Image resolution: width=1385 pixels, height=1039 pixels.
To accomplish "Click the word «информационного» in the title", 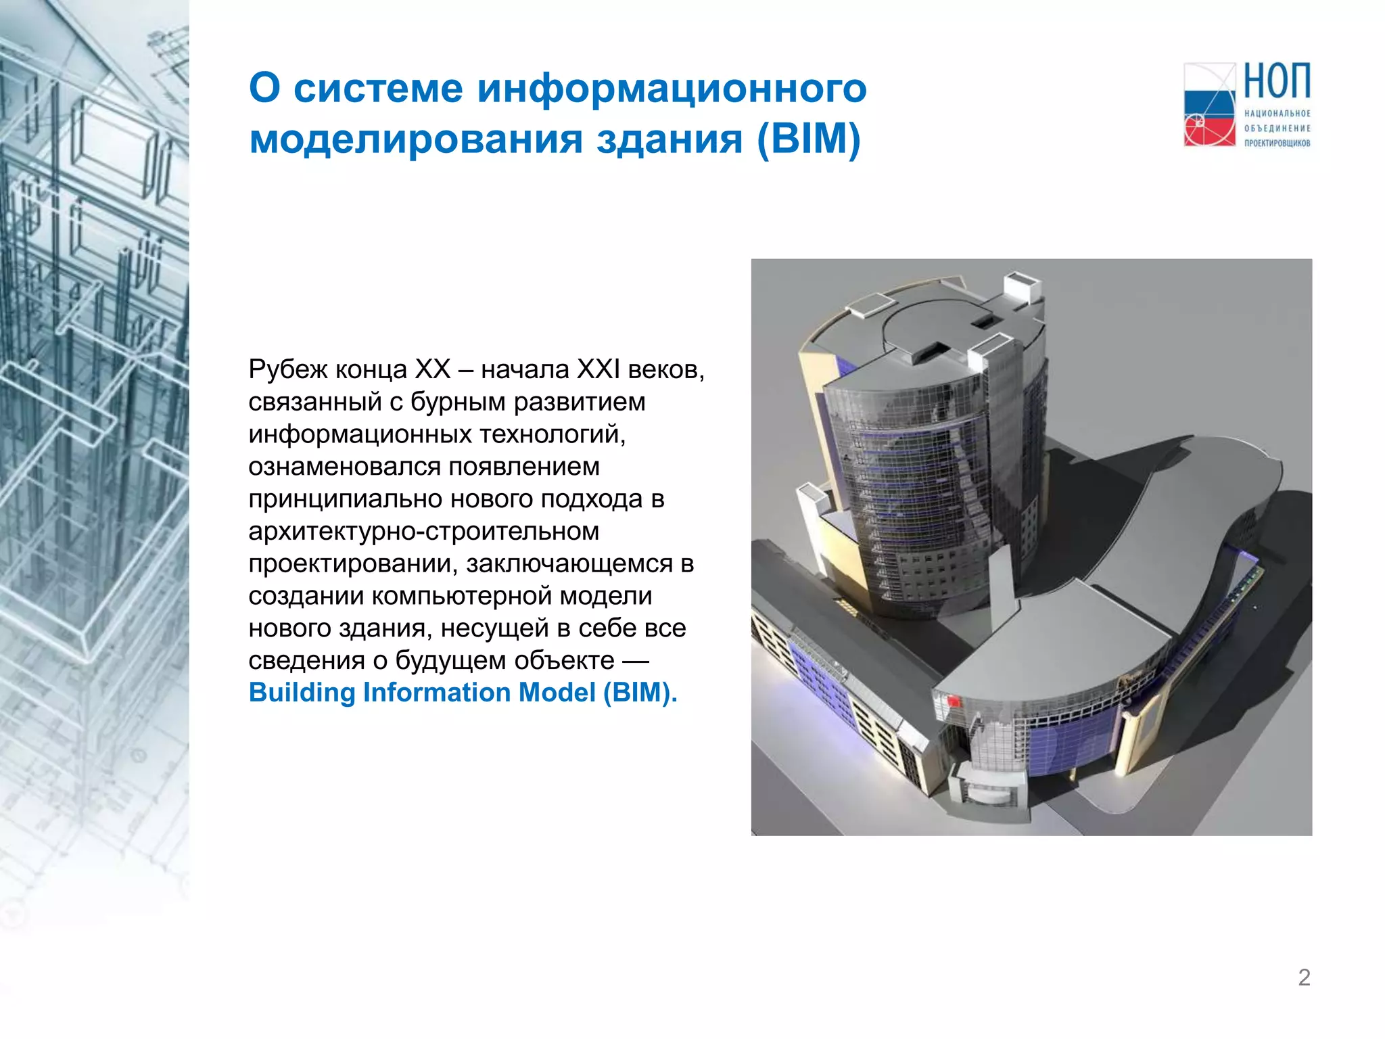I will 672,89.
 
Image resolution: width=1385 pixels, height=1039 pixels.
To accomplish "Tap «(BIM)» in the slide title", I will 808,139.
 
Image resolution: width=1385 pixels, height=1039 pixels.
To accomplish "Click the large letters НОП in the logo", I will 1277,82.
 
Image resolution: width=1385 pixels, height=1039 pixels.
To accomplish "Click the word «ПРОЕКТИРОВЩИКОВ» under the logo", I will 1277,143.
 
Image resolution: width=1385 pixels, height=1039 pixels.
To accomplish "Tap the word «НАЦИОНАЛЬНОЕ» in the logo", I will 1277,114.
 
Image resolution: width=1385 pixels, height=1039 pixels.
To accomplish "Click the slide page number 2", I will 1304,977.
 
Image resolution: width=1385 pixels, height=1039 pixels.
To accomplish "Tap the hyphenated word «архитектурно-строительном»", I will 423,531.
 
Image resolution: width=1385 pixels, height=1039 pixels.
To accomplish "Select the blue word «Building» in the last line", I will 302,693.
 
